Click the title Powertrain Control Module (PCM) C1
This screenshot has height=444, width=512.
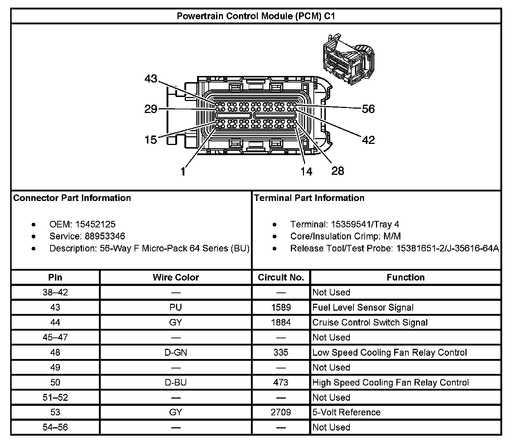(256, 16)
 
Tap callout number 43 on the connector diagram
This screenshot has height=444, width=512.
(151, 78)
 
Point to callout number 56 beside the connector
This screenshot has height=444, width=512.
(368, 109)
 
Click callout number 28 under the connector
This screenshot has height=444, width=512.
(337, 171)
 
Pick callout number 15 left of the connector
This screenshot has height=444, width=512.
(151, 140)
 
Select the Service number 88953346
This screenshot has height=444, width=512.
(105, 236)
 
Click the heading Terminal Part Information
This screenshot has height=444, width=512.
(309, 198)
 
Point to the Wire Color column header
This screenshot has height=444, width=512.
(176, 277)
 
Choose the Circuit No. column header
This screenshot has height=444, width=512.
(281, 277)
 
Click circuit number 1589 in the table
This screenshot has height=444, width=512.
(281, 307)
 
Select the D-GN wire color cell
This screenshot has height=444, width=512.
(176, 352)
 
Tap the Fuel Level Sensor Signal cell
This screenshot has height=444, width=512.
(363, 307)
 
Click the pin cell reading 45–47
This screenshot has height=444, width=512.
(55, 337)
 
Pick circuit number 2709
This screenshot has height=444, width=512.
(281, 412)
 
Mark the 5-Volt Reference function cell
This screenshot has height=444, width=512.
(346, 412)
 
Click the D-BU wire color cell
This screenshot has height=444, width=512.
(176, 382)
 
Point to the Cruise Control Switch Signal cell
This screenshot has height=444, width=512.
(370, 322)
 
